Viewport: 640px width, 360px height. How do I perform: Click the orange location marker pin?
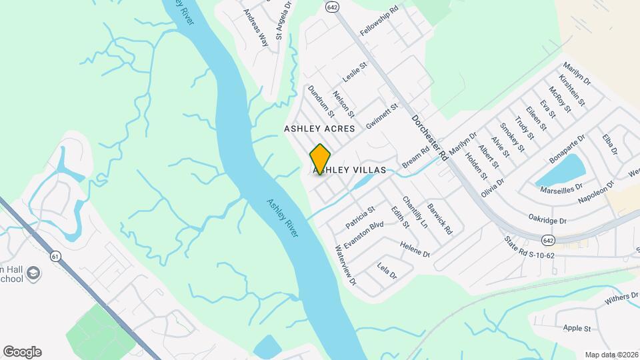(x=321, y=159)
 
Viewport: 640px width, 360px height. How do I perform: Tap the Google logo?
(x=22, y=352)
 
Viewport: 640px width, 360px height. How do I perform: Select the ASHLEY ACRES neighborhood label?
(x=319, y=127)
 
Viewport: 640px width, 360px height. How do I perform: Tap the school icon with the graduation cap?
(x=33, y=273)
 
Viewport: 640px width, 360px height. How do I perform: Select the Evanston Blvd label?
(x=364, y=232)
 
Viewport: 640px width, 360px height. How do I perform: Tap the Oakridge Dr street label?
(x=547, y=220)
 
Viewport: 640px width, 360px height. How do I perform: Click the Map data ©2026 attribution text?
(x=611, y=354)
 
